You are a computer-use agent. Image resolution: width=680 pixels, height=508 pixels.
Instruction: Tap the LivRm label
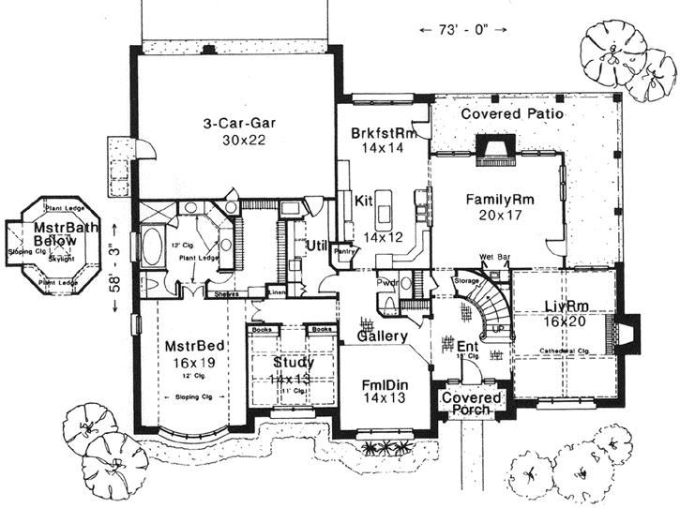565,305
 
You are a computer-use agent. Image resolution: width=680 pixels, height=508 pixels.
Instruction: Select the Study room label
294,362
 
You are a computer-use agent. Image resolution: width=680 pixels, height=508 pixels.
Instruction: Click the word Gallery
382,336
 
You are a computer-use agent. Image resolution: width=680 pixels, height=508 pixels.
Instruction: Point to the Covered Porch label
472,405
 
